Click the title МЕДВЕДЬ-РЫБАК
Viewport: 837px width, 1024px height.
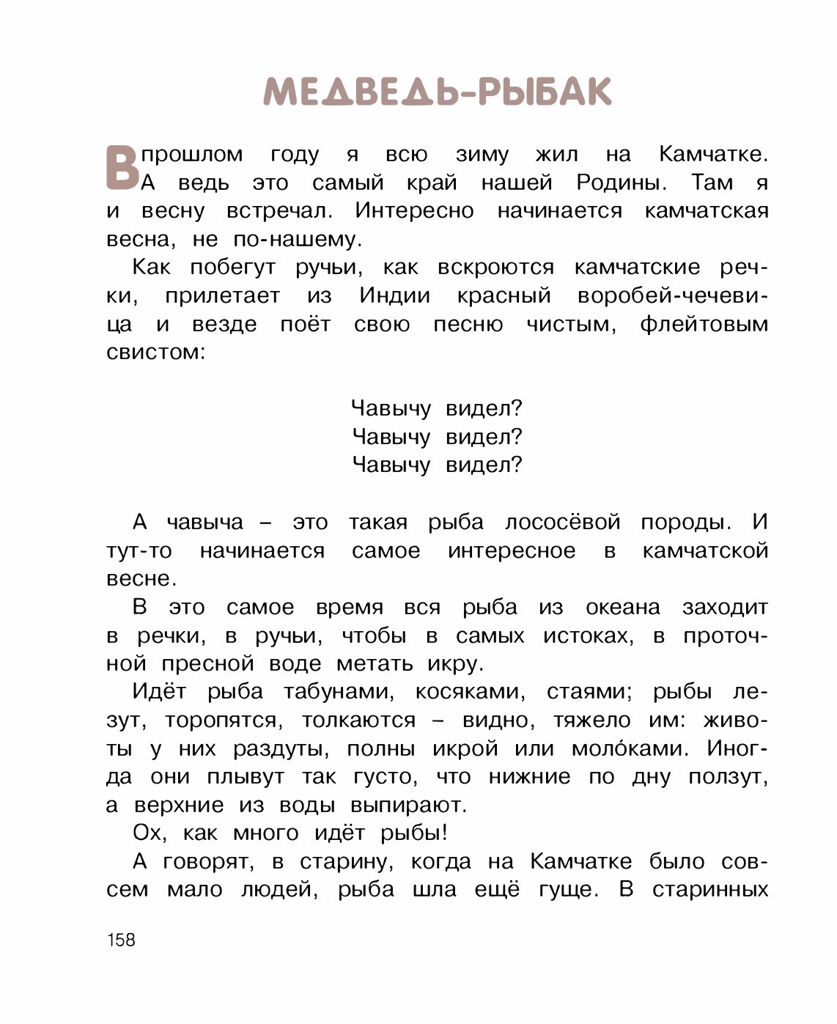[x=438, y=92]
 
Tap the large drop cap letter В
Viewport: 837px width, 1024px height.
[x=122, y=168]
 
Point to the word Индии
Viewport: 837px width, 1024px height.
[x=394, y=295]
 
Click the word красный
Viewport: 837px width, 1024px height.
[x=504, y=295]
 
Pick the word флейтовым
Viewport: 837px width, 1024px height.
[x=704, y=324]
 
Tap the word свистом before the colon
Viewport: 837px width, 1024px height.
[x=152, y=352]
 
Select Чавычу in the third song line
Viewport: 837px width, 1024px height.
[x=391, y=465]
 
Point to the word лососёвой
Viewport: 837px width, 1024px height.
[x=562, y=523]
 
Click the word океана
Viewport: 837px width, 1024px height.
[x=622, y=608]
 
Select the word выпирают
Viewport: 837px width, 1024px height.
[x=408, y=806]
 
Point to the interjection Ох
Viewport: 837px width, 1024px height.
[x=150, y=833]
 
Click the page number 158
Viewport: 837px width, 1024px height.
[x=121, y=940]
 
